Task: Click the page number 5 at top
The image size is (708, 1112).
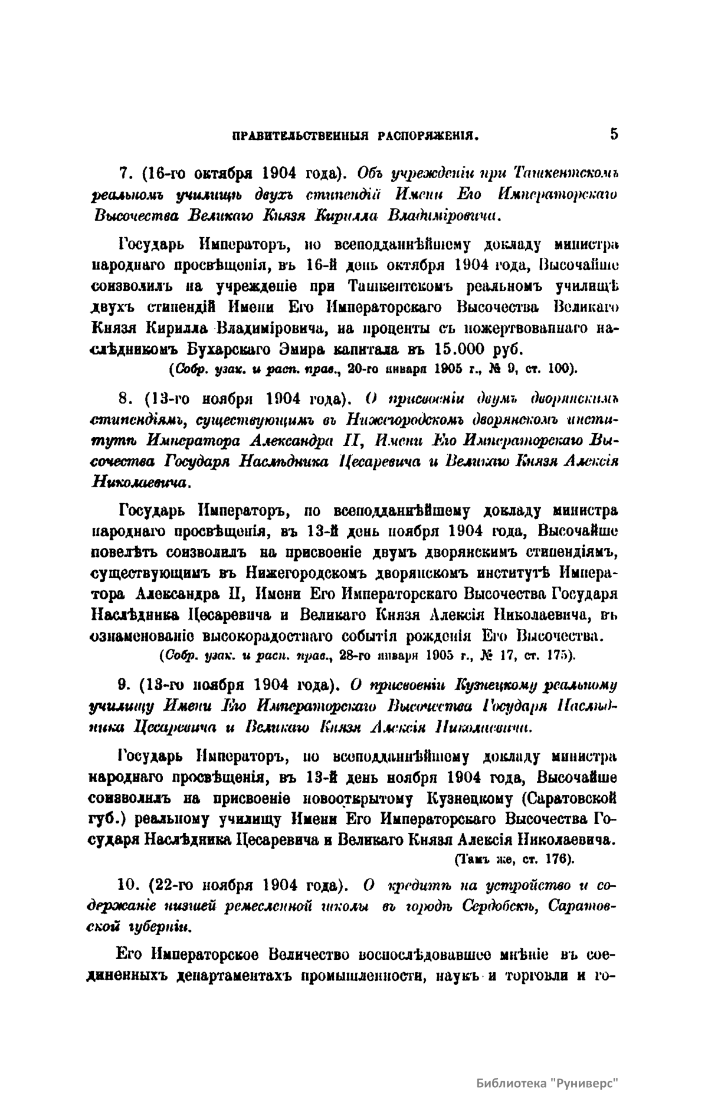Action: pos(614,134)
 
